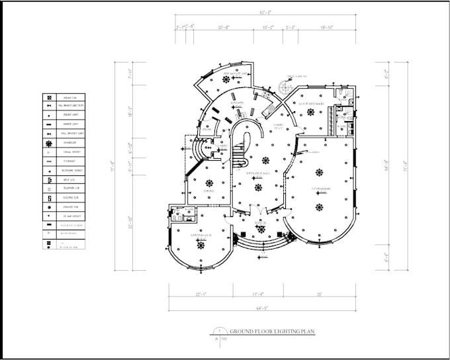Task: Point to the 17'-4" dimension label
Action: [x=258, y=294]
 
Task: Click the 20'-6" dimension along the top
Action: [x=224, y=28]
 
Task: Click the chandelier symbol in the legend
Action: [x=50, y=142]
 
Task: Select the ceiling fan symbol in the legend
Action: [x=50, y=96]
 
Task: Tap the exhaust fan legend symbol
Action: [x=50, y=206]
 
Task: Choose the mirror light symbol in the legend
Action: [x=50, y=124]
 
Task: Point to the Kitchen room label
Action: [x=238, y=103]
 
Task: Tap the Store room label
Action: [x=206, y=129]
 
